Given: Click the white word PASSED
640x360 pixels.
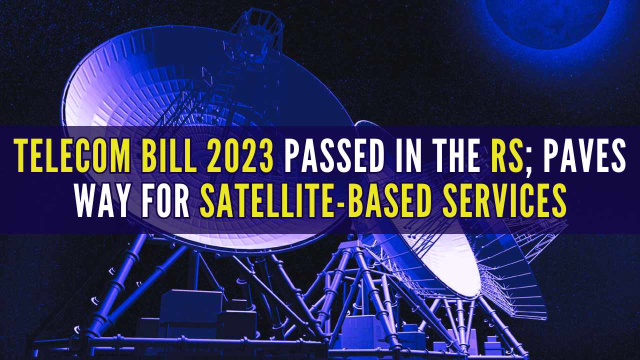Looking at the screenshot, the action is point(334,155).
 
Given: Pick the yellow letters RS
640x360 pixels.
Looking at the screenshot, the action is point(507,155).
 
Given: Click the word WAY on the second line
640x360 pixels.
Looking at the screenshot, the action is point(102,200).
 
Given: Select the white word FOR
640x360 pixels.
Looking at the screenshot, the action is point(165,200).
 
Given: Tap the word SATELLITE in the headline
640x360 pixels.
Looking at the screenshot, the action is point(263,200).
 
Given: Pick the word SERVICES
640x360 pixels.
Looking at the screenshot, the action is point(504,200).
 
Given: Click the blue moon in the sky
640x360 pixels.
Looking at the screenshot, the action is point(547,20).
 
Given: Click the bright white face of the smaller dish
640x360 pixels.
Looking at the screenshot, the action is point(445,257).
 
